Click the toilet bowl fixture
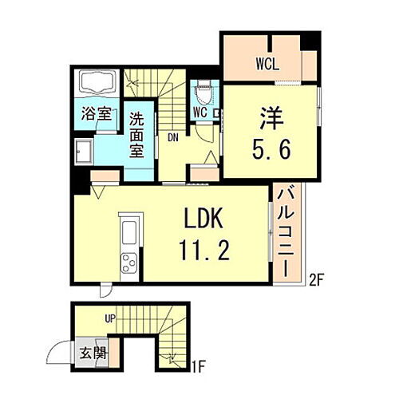[204, 92]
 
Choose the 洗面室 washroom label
[136, 135]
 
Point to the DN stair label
[172, 136]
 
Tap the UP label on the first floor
[111, 318]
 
